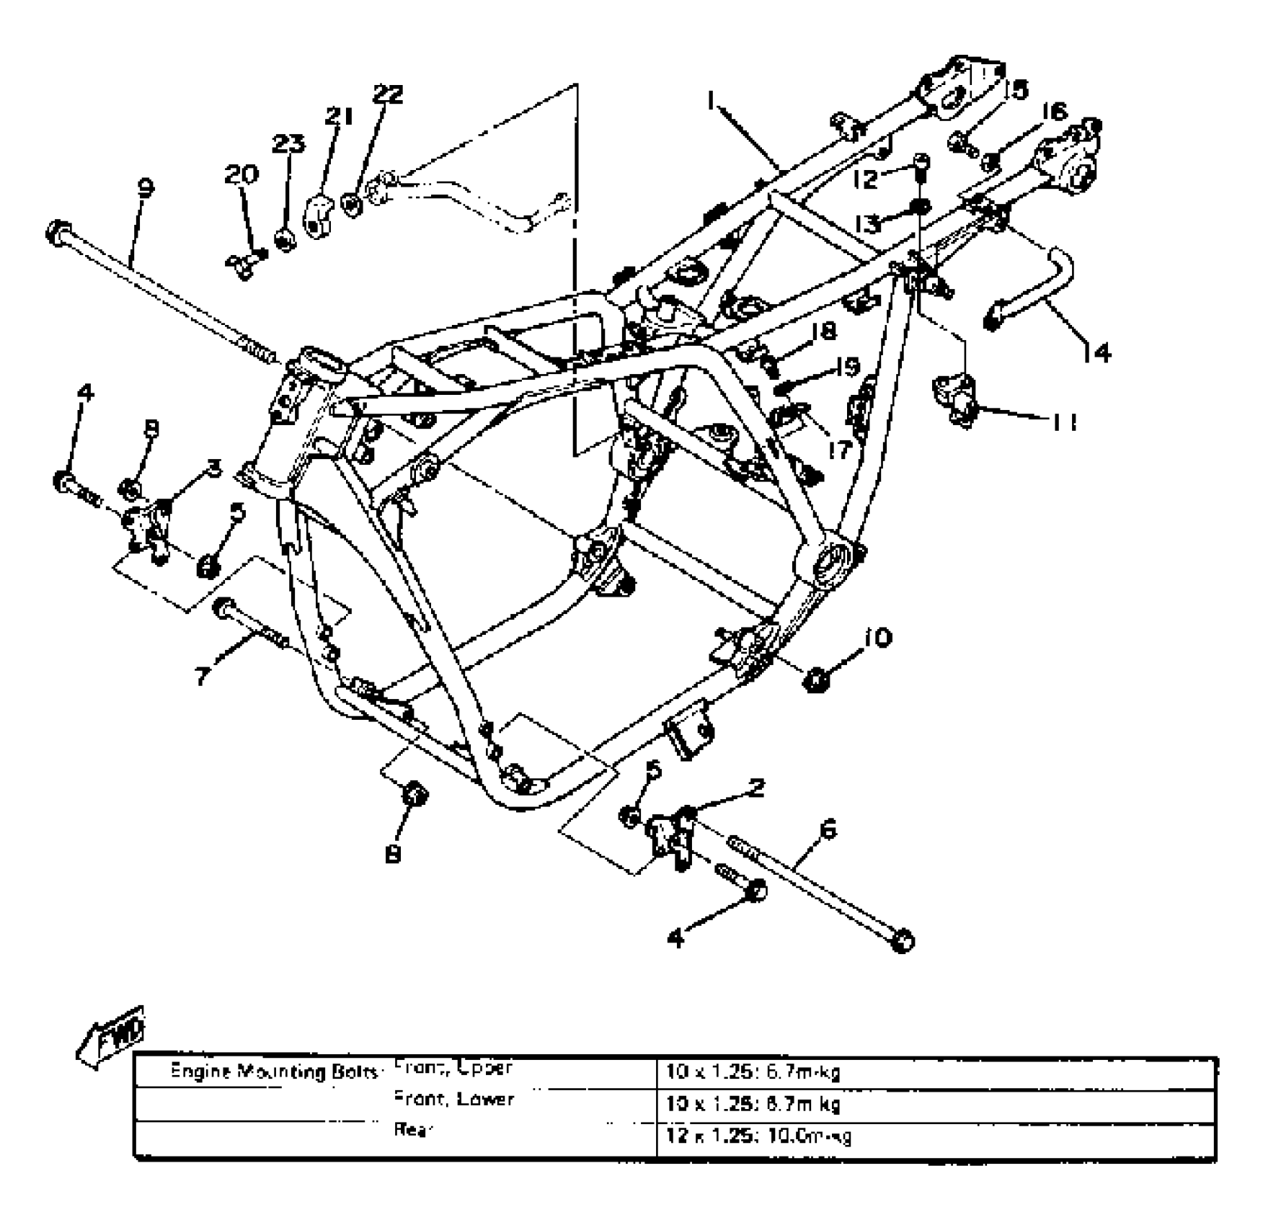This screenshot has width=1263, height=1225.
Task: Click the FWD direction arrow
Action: tap(112, 1035)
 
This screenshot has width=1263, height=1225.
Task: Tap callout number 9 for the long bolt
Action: tap(145, 189)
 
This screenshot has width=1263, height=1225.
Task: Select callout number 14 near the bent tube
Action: tap(1096, 352)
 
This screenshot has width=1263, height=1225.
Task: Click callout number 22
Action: tap(388, 94)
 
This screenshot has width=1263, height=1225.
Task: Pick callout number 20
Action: tap(241, 174)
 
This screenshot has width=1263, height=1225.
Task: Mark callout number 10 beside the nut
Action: tap(877, 638)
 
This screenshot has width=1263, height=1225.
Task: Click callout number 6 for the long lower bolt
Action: tap(829, 829)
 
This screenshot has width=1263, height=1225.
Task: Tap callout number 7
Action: tap(203, 675)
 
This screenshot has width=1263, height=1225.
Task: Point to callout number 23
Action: tap(288, 143)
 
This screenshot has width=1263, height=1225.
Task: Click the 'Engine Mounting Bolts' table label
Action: tap(274, 1072)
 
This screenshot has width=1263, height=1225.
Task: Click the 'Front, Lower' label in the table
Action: tap(454, 1099)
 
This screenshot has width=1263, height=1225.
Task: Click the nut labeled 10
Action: tap(816, 679)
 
